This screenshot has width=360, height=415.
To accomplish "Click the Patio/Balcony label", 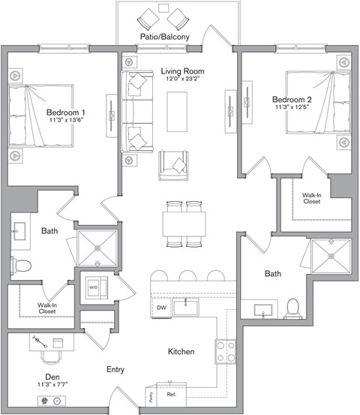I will [163, 37].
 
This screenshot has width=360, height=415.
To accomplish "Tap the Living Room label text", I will [182, 72].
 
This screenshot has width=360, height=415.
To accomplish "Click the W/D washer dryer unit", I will [95, 287].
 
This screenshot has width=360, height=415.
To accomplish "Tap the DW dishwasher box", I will [160, 307].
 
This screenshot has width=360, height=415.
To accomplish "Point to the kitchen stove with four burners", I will [226, 350].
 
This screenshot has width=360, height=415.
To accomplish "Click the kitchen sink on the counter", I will [185, 306].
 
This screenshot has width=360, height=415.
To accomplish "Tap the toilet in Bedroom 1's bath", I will [21, 265].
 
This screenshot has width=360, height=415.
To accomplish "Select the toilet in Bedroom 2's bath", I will [292, 308].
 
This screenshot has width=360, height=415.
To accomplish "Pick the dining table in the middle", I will [184, 224].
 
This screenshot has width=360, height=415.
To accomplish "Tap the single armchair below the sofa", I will [174, 165].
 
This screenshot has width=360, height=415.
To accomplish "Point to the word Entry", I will [115, 369].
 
